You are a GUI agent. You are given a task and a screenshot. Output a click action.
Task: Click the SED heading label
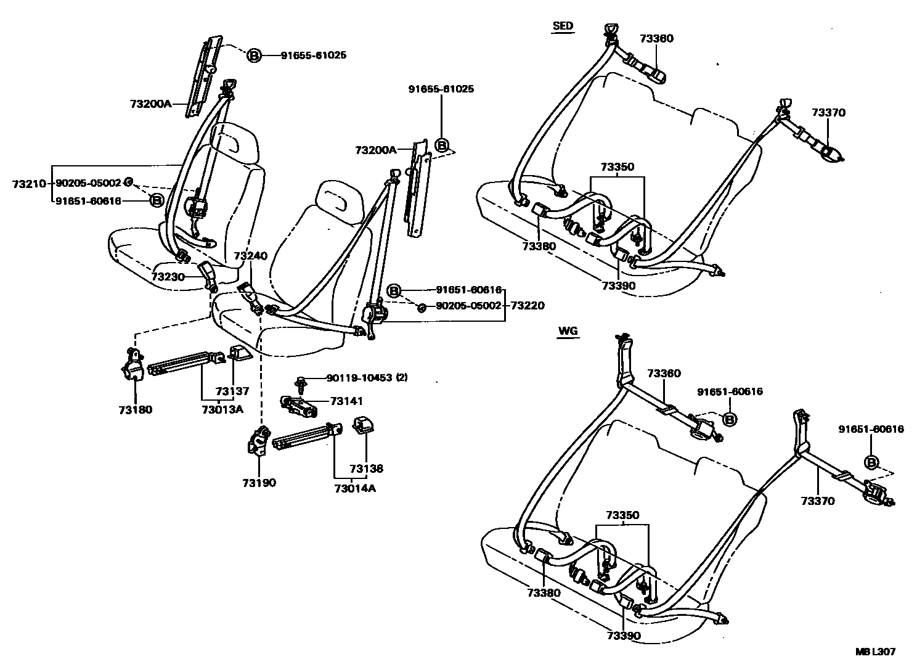563,26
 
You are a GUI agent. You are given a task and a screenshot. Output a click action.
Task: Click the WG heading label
568,331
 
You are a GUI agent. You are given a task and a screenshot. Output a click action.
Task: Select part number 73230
168,277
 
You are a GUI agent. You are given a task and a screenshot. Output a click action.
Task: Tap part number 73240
250,256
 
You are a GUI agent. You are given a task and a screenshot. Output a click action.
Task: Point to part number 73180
136,410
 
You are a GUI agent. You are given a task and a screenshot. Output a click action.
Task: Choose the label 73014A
354,489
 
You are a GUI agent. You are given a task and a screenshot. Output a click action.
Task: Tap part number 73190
259,483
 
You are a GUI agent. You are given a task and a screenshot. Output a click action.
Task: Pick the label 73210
28,184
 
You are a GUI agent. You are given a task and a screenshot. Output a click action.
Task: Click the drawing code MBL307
874,652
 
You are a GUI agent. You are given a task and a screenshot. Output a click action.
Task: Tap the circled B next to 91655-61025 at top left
254,55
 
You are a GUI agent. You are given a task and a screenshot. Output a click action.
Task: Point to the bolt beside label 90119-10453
301,383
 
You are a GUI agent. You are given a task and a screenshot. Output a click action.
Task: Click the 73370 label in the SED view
828,113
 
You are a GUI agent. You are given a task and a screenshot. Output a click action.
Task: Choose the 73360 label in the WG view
664,374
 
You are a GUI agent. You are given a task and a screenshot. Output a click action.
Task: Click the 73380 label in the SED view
539,247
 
